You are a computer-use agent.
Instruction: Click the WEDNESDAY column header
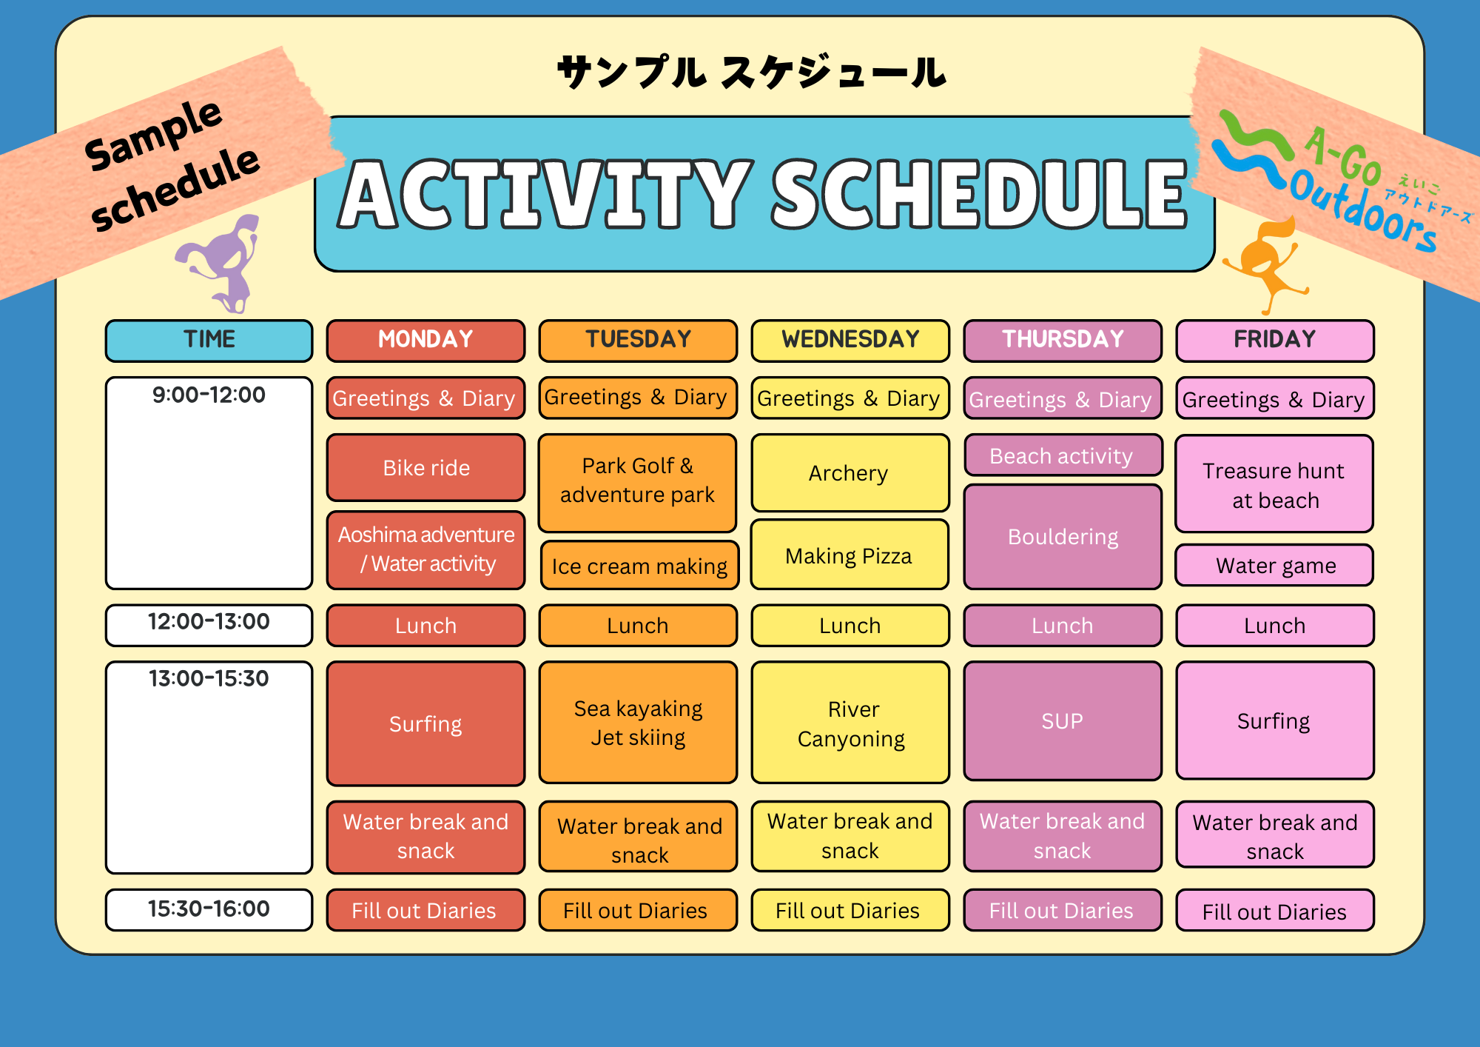(x=850, y=341)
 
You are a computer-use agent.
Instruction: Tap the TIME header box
(x=209, y=341)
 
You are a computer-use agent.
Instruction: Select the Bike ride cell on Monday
(x=426, y=468)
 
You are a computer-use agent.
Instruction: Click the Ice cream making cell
(x=639, y=566)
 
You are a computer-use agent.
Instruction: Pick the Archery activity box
(x=850, y=473)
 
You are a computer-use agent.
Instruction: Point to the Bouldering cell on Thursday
(x=1063, y=537)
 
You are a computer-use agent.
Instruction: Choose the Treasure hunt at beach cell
(x=1274, y=484)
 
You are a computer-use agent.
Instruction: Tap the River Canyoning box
(x=850, y=723)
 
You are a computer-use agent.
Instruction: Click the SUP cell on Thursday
(x=1063, y=721)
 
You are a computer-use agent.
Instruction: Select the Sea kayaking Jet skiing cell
(x=638, y=723)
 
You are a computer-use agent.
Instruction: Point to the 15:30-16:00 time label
(x=209, y=909)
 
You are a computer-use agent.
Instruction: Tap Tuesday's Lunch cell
(x=638, y=626)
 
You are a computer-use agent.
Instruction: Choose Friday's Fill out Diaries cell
(x=1274, y=911)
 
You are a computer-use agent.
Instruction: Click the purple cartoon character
(x=222, y=263)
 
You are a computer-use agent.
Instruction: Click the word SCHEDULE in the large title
(x=980, y=195)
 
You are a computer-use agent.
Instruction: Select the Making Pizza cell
(x=850, y=555)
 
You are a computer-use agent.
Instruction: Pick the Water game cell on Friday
(x=1274, y=566)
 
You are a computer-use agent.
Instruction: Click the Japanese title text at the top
(x=751, y=73)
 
